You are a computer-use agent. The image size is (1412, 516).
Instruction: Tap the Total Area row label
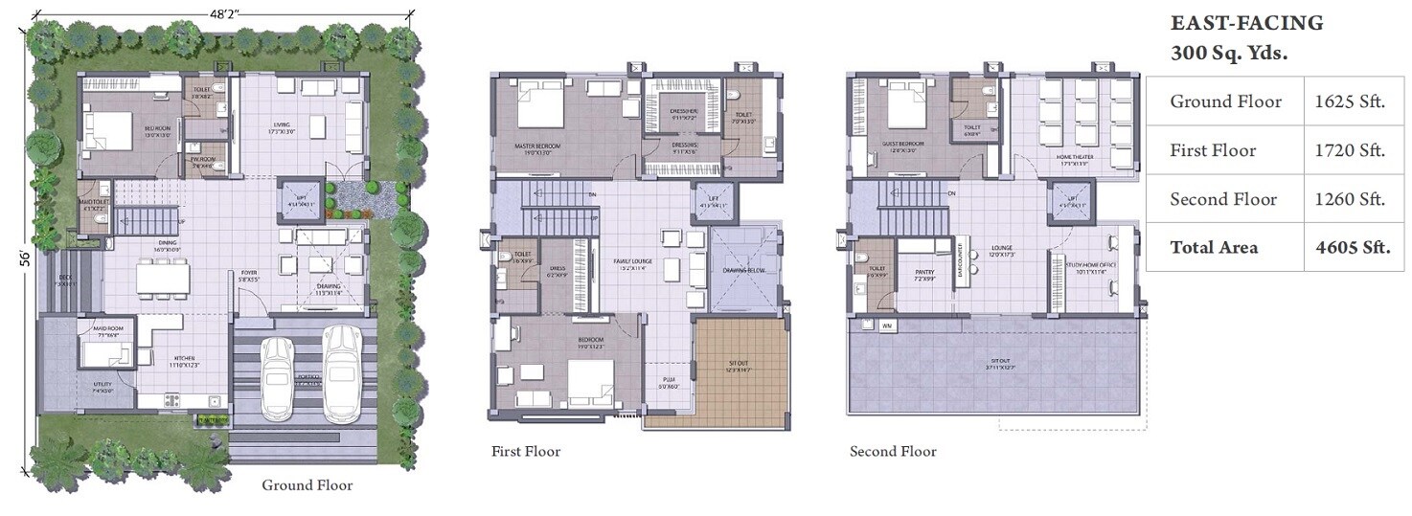(1214, 247)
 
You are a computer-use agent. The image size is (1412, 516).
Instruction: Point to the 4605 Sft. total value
(1352, 247)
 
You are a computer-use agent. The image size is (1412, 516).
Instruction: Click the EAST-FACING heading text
(1246, 23)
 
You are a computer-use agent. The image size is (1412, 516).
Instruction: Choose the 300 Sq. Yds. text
(1229, 54)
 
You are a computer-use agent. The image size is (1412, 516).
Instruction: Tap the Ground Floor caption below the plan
(307, 485)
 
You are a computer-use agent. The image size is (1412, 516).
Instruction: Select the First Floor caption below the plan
(526, 451)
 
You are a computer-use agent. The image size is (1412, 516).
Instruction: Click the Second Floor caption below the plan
(893, 451)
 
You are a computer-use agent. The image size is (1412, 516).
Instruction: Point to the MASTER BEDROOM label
(536, 146)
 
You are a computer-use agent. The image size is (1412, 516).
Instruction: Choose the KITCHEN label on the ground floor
(184, 359)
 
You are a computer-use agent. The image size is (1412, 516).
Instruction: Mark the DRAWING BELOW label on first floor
(742, 270)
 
